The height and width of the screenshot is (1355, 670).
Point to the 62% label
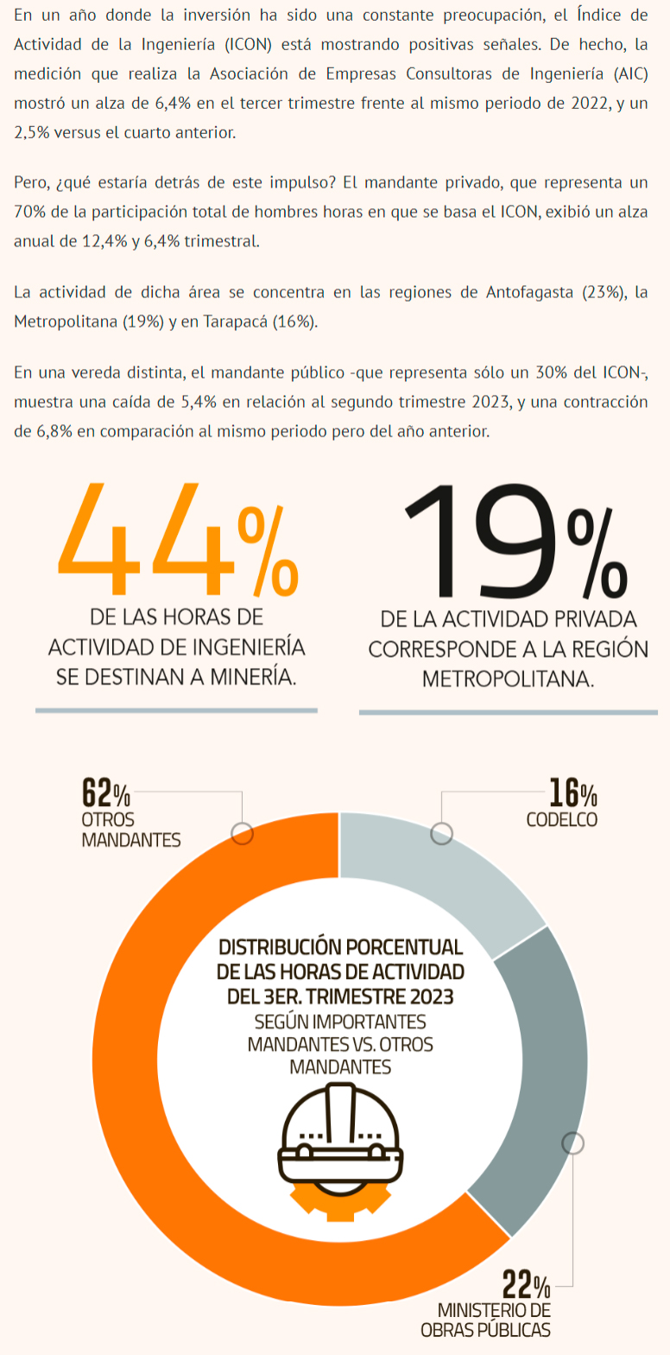[105, 792]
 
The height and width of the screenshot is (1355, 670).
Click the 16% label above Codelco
[572, 792]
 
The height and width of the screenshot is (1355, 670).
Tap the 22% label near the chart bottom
[526, 1286]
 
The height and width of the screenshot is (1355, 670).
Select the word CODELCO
[561, 819]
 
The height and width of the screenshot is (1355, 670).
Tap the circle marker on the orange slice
[243, 833]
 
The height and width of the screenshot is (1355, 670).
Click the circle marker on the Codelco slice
[441, 833]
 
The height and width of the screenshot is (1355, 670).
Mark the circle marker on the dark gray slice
[572, 1142]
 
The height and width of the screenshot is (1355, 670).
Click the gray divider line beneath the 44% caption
[176, 710]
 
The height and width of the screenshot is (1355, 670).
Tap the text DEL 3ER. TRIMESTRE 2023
[340, 996]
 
